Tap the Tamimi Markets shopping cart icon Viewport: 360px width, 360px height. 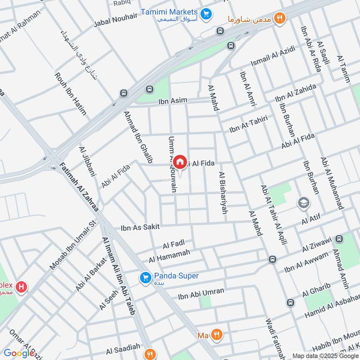pyautogui.click(x=206, y=15)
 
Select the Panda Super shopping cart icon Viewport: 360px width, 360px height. pyautogui.click(x=144, y=278)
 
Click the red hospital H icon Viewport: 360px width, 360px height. pyautogui.click(x=20, y=286)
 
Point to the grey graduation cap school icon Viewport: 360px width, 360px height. pyautogui.click(x=304, y=203)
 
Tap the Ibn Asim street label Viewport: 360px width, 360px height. pyautogui.click(x=172, y=102)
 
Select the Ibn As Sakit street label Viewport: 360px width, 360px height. pyautogui.click(x=140, y=228)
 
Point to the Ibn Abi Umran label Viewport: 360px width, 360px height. pyautogui.click(x=201, y=293)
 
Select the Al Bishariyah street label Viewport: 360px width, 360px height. pyautogui.click(x=222, y=192)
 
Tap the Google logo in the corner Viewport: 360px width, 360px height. pyautogui.click(x=19, y=353)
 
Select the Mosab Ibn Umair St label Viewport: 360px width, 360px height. pyautogui.click(x=73, y=246)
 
